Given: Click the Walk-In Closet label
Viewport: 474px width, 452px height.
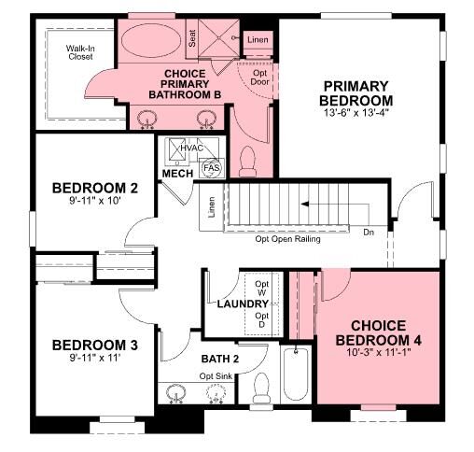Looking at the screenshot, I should (80, 51).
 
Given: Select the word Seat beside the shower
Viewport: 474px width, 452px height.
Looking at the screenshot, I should (193, 38).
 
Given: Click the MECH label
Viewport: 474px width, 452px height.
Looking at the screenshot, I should (176, 174).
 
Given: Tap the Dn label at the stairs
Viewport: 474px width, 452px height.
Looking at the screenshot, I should (369, 231).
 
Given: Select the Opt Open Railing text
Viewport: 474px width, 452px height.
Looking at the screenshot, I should (287, 240).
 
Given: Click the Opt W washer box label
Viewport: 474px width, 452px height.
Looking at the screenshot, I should (262, 288).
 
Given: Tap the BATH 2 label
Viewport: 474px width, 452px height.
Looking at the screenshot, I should (221, 359).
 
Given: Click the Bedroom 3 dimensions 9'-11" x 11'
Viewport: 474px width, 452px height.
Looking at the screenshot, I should (94, 356).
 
